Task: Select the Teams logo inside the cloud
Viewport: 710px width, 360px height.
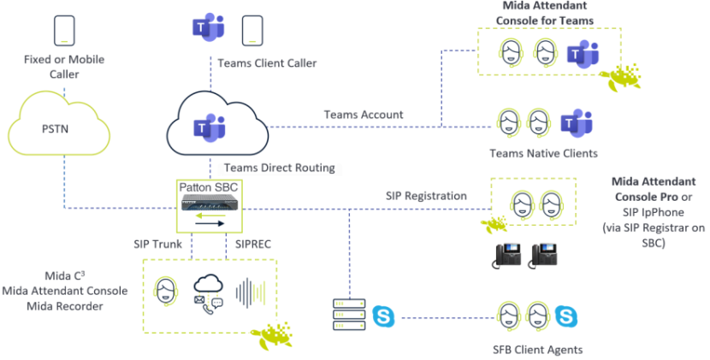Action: [x=209, y=127]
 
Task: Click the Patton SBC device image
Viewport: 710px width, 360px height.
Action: [x=210, y=203]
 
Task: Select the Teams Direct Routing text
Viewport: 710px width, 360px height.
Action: [x=279, y=168]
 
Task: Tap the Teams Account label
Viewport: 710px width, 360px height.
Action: [x=364, y=115]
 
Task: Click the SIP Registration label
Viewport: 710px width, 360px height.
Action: [x=425, y=196]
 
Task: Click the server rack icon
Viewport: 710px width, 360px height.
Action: [x=349, y=316]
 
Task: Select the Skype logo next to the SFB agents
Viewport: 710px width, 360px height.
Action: [x=565, y=316]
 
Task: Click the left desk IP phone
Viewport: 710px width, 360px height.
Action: [x=511, y=254]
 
